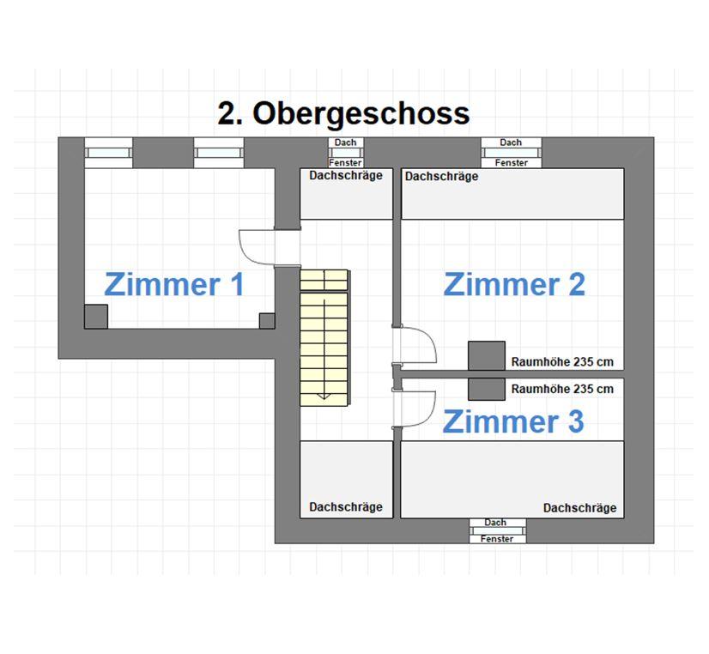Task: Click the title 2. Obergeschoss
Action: [x=343, y=113]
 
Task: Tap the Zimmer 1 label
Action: [x=174, y=284]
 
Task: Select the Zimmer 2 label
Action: [x=514, y=284]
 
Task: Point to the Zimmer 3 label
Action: [x=513, y=421]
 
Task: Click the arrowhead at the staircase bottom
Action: [x=324, y=397]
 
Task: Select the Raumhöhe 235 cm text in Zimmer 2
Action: [x=562, y=361]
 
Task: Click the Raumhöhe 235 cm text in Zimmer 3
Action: [x=562, y=389]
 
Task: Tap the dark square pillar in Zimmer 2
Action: [x=487, y=355]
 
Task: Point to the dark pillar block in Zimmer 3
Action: [x=487, y=389]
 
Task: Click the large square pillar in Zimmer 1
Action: [x=96, y=317]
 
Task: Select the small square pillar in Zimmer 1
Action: [x=267, y=321]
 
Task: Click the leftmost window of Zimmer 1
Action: [x=108, y=153]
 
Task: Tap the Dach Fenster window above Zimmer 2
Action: [x=511, y=153]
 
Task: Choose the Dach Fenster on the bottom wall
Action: [x=497, y=530]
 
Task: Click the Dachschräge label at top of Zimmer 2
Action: [x=441, y=176]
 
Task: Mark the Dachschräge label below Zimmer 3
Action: [x=579, y=508]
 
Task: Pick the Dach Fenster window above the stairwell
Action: [x=345, y=153]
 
